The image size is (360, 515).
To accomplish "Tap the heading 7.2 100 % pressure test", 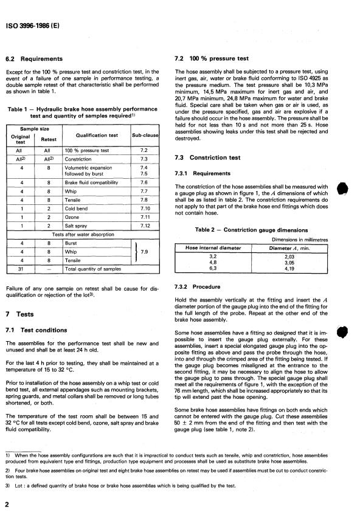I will point(212,59).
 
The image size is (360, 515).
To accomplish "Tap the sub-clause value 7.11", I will point(144,216).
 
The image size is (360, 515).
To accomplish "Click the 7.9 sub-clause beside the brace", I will point(145,251).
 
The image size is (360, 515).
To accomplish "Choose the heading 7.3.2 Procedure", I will point(207,286).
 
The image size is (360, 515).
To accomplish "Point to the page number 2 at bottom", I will point(7,505).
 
